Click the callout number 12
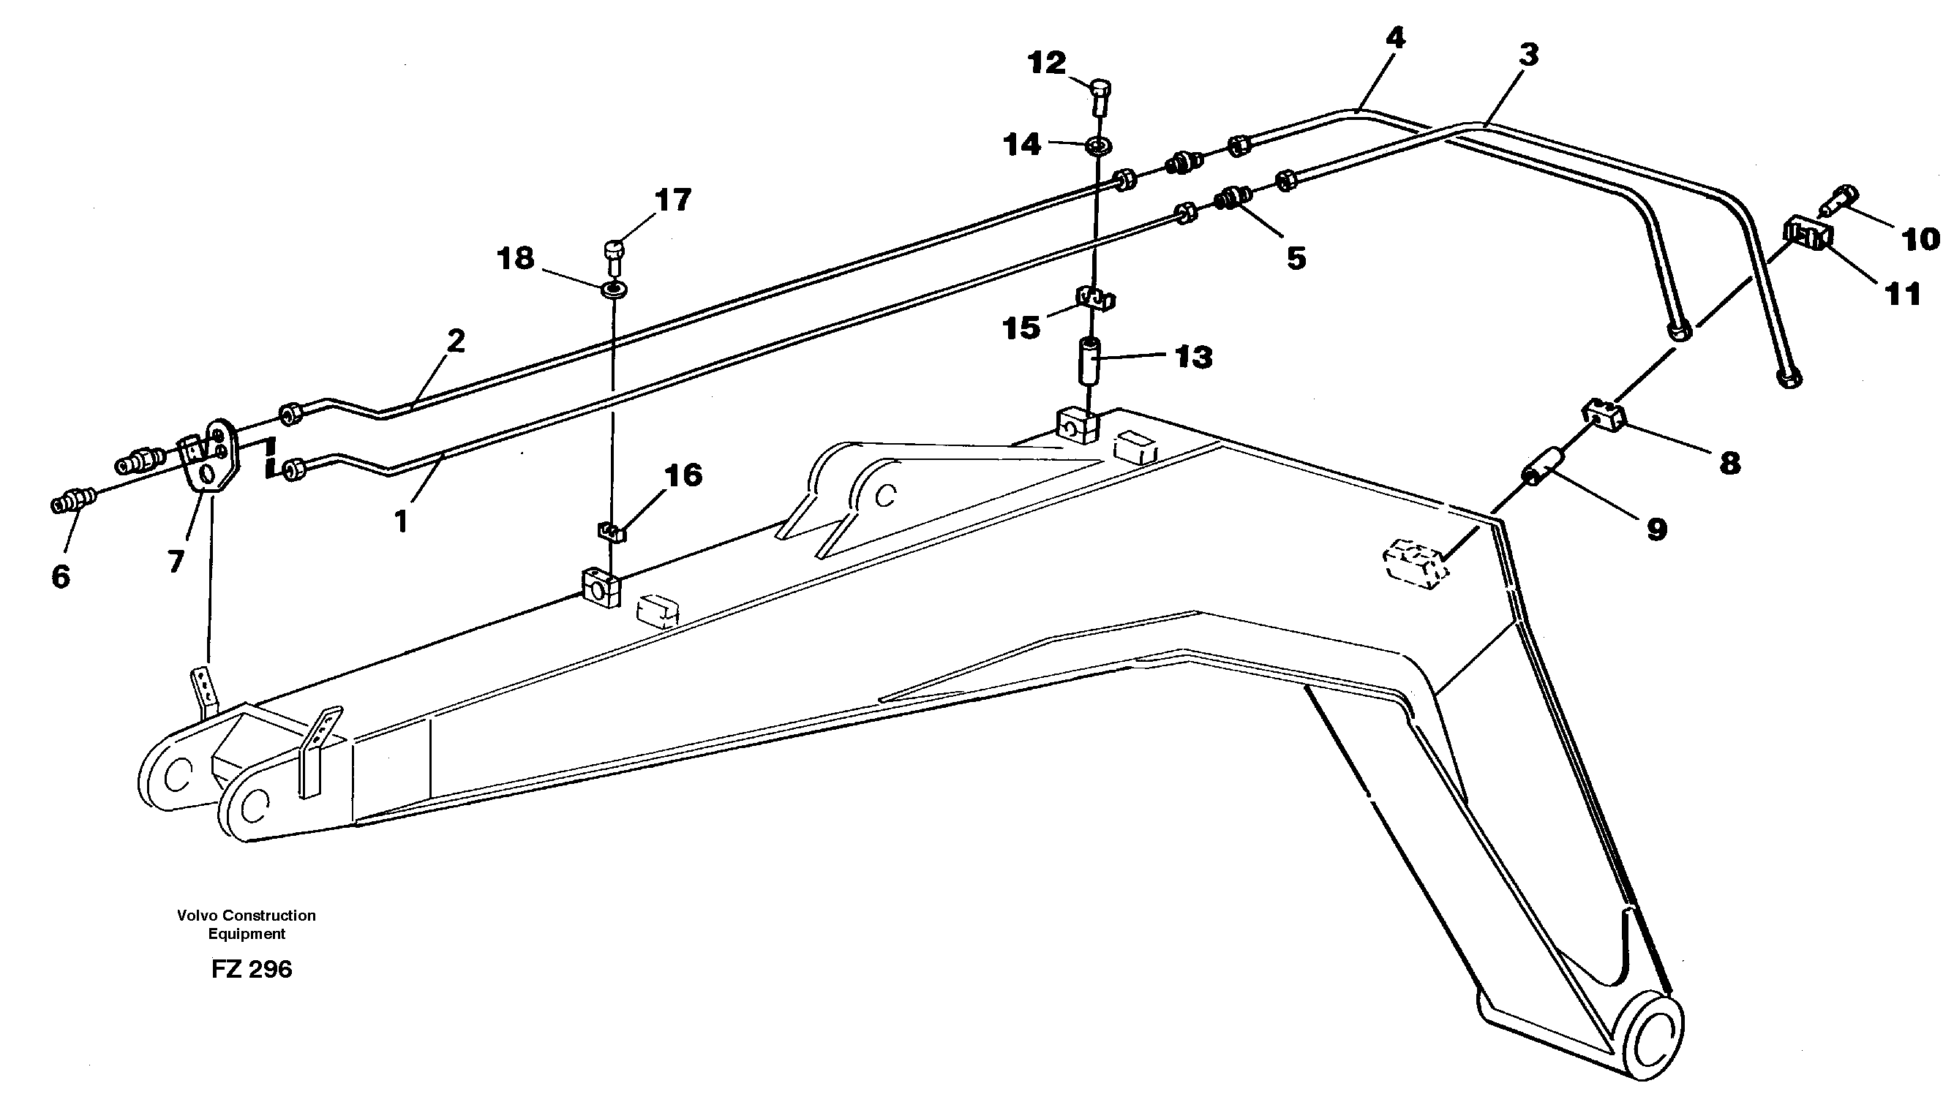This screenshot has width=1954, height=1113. coord(1047,63)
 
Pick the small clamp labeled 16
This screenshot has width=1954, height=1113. coord(612,530)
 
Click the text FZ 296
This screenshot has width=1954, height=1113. coord(252,969)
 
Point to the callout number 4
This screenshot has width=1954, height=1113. coord(1395,38)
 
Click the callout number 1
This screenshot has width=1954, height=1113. coord(401,522)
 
